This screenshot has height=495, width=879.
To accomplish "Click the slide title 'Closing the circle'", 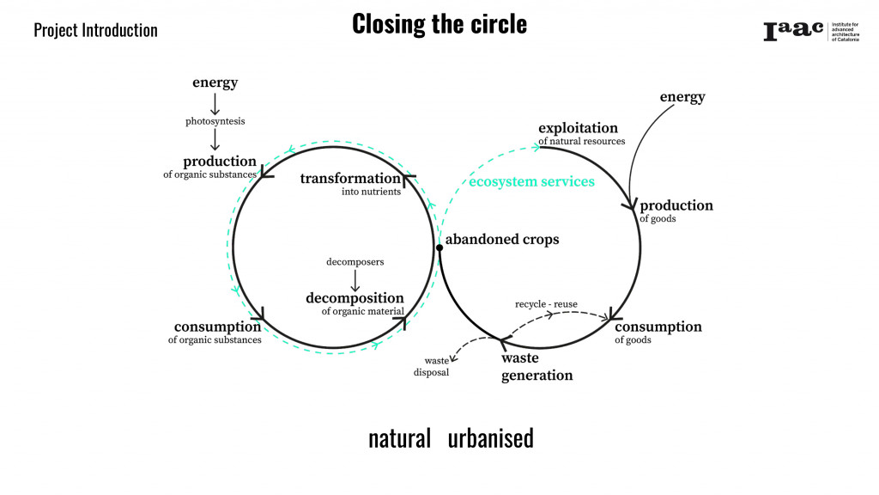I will point(439,24).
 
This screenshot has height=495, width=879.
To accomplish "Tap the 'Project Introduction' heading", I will point(95,30).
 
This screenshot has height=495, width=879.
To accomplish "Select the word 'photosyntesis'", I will point(215,121).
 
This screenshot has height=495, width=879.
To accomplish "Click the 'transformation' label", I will point(350,179).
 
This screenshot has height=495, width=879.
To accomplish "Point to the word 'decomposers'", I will point(355,261).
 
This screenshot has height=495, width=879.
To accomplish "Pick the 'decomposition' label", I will point(355,298).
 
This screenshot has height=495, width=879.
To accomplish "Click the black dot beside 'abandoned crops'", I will point(439,247).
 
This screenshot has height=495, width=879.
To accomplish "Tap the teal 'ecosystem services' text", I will point(531,181).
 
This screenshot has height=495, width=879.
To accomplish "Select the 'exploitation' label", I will point(578,128).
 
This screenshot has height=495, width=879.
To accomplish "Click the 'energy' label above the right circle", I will point(682,96).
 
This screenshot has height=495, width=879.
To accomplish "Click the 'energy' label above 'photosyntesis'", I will point(215,82).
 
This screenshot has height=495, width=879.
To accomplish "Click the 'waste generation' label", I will point(536,366).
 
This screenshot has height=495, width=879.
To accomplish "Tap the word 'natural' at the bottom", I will point(399,438).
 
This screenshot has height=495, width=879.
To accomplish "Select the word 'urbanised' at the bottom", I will point(490,438).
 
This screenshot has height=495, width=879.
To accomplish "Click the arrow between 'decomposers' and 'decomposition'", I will point(355,279).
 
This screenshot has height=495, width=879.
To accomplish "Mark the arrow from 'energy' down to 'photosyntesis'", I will point(215,103).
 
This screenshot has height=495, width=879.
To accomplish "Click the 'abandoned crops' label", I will point(502,240).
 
